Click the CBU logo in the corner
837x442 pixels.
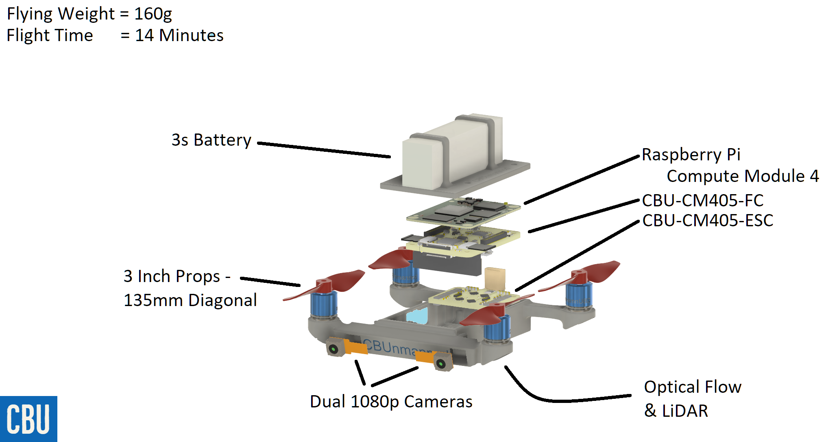[x=28, y=419]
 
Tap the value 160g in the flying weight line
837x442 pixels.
[x=153, y=14]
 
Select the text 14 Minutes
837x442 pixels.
[x=179, y=35]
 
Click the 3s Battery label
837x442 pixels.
[x=211, y=140]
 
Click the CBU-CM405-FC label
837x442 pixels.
[x=702, y=200]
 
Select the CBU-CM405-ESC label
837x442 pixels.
[x=707, y=221]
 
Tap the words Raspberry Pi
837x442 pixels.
[x=691, y=155]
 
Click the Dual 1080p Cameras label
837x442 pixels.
[x=391, y=402]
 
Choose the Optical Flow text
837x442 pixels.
[x=692, y=387]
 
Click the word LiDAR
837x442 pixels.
[x=685, y=411]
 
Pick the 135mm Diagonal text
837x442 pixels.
[x=190, y=300]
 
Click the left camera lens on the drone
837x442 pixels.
[x=333, y=349]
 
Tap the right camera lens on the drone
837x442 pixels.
[x=441, y=363]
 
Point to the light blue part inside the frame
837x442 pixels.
[x=417, y=315]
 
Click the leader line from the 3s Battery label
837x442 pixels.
[x=323, y=150]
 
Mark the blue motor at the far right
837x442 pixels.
[x=579, y=297]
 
